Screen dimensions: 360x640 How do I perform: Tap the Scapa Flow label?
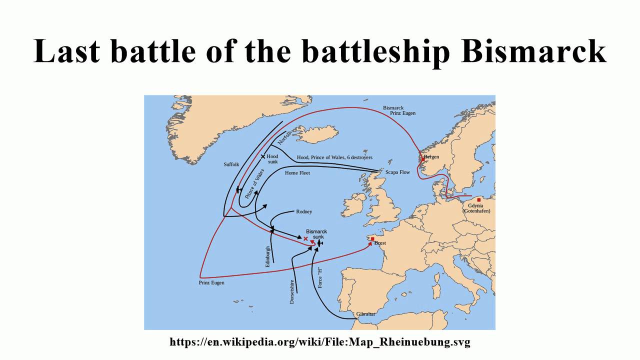397,172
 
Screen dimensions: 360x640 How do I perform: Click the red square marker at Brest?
372,239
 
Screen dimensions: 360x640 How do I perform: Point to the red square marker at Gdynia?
479,200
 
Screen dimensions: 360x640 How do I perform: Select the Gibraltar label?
365,314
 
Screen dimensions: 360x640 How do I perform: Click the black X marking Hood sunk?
263,156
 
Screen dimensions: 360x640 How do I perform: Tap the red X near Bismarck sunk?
306,239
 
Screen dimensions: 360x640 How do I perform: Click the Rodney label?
304,211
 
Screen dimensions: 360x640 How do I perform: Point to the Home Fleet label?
297,173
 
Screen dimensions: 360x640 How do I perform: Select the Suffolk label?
231,164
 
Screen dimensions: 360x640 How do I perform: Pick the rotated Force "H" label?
320,277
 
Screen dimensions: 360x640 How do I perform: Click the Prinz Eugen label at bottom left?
211,282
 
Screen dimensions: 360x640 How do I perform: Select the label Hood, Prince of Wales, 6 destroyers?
334,157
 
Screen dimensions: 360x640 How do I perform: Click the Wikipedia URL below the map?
320,342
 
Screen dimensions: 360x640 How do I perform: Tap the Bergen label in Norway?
431,157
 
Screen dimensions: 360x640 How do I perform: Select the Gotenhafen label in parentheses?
476,211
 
